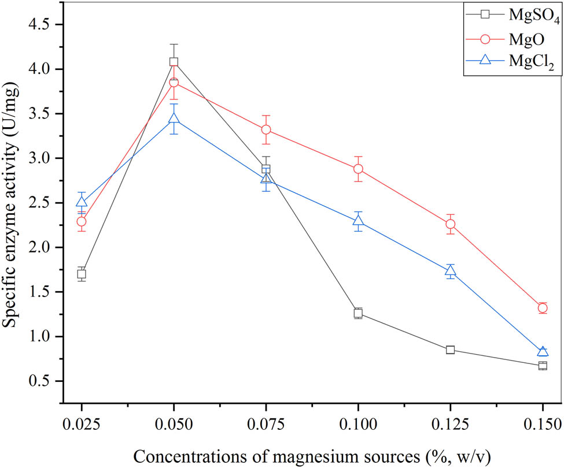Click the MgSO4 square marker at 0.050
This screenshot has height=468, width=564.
(x=174, y=62)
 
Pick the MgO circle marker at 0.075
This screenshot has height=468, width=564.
(x=266, y=129)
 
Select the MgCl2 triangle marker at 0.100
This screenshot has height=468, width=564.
(x=358, y=221)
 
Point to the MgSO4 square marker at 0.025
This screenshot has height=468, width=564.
(x=82, y=274)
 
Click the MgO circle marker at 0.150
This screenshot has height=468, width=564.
(x=543, y=307)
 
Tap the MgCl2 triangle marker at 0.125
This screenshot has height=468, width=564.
(x=451, y=271)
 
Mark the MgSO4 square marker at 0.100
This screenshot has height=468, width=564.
(x=358, y=313)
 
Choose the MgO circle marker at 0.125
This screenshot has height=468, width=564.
(x=451, y=224)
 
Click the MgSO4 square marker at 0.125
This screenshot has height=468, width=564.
(x=451, y=350)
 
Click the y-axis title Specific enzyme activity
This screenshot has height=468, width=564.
(x=12, y=213)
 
